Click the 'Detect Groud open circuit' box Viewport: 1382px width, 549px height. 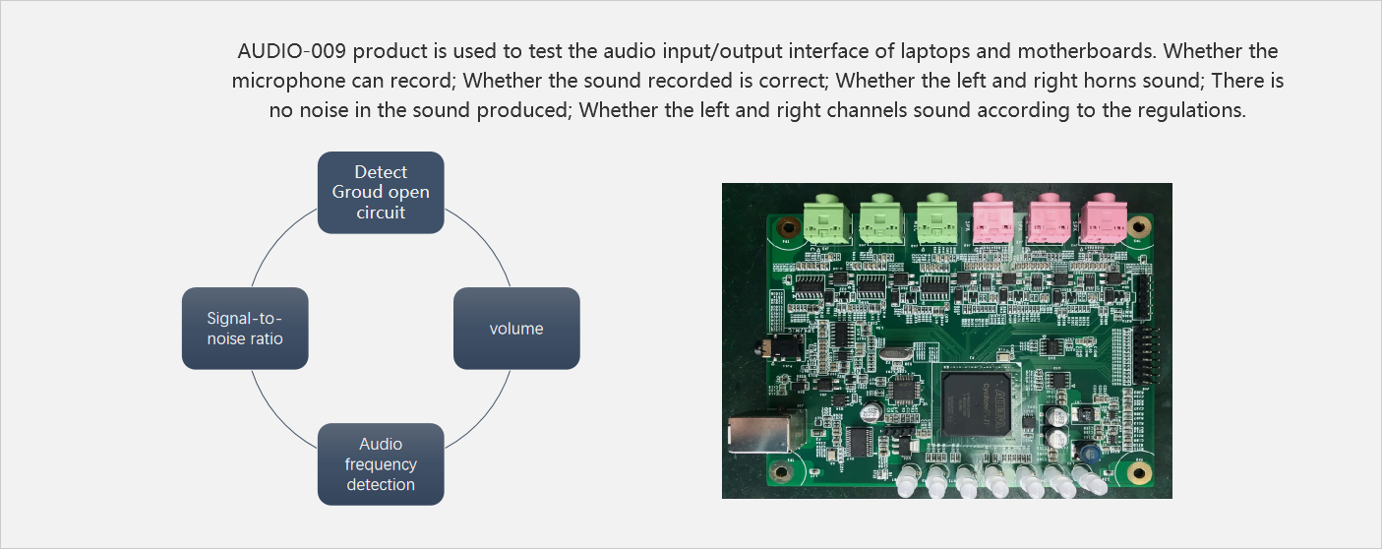coord(381,192)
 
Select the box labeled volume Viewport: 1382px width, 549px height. coord(516,329)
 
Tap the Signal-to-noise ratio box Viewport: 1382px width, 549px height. coord(245,329)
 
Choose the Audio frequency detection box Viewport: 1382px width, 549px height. coord(381,464)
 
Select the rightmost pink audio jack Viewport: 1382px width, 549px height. coord(1102,218)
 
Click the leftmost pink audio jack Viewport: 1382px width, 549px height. coord(991,218)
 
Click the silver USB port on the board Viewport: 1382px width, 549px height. coord(751,432)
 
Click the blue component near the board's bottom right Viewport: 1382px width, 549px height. coord(1089,453)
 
